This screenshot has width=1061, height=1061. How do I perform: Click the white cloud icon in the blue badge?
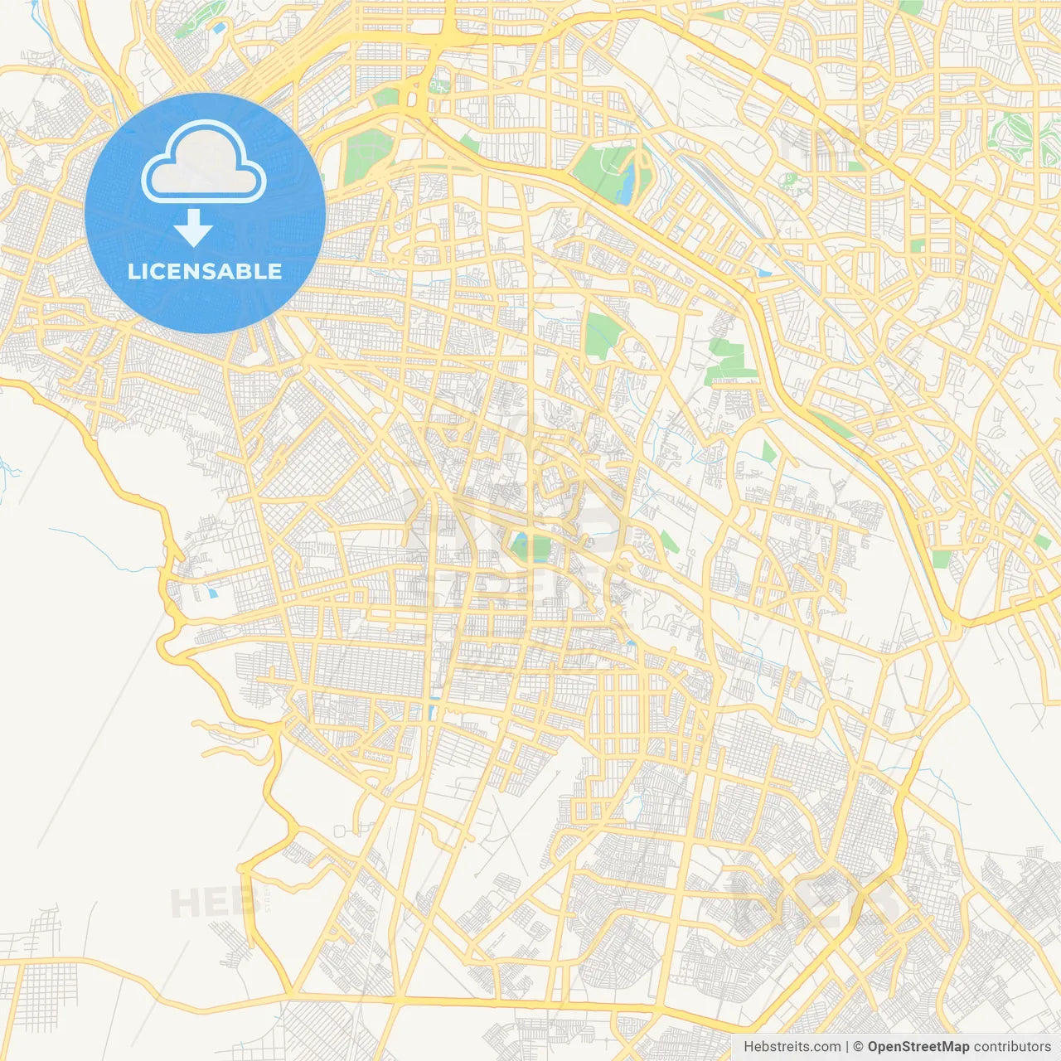(204, 162)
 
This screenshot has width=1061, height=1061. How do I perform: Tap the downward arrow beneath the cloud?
(193, 227)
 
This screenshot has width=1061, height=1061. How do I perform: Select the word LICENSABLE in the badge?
(205, 271)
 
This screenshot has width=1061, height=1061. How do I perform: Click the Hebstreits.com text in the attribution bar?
(792, 1047)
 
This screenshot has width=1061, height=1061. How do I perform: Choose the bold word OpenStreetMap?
(918, 1047)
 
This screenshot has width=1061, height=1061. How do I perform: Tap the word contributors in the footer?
(1012, 1047)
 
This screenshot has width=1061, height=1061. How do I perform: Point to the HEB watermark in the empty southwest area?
(207, 902)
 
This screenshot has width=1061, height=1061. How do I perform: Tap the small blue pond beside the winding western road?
(214, 593)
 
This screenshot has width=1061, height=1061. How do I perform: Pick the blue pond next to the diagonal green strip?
(220, 28)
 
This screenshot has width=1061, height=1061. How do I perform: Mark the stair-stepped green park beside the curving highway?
(729, 361)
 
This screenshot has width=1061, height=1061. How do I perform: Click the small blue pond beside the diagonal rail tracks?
(763, 272)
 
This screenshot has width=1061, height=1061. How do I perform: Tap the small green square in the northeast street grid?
(918, 245)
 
